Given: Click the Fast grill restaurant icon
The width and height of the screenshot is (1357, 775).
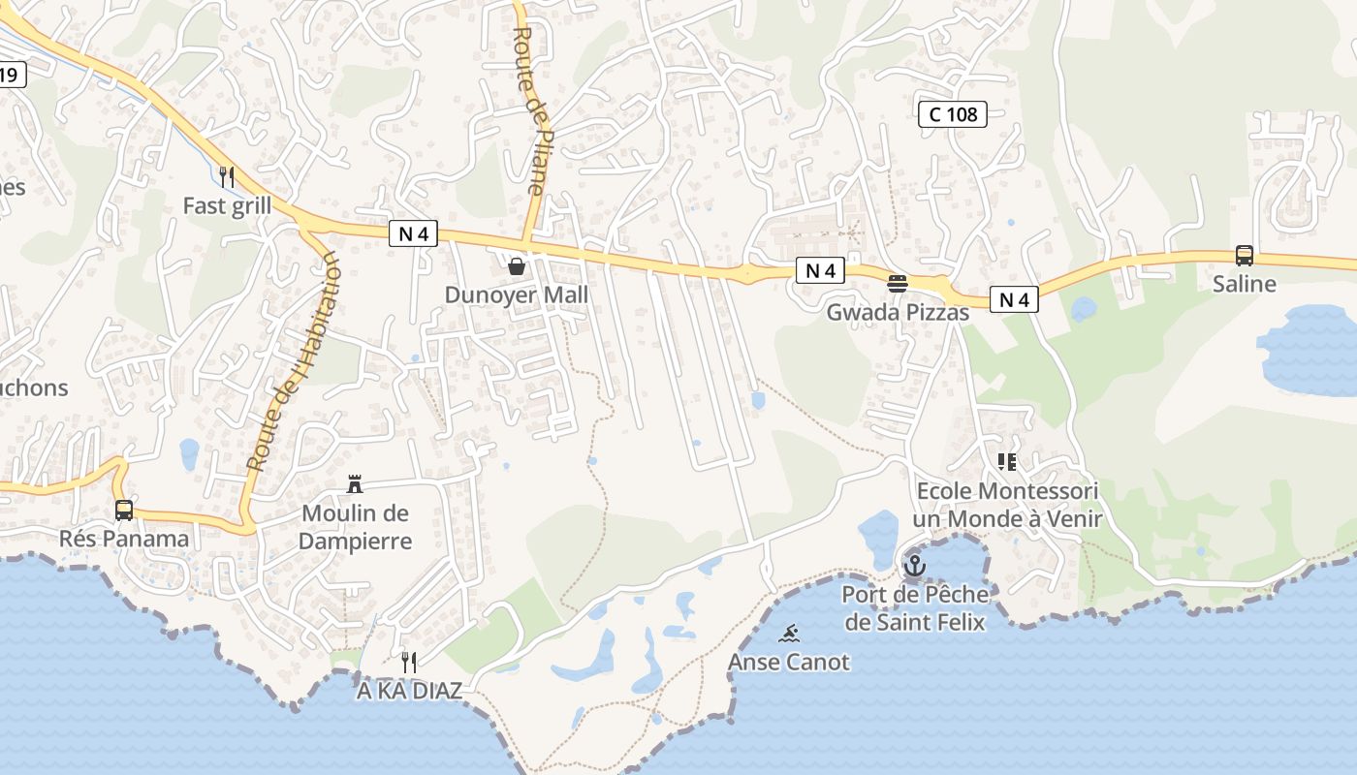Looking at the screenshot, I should coord(227,176).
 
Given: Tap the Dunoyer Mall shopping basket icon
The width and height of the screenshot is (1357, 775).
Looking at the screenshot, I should coord(517,265).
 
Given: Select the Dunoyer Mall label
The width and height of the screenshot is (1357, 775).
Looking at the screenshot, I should coord(517,294).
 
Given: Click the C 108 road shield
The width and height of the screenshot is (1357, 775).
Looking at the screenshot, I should coord(952,114).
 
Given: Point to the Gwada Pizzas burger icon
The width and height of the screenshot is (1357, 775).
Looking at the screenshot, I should coord(898,284).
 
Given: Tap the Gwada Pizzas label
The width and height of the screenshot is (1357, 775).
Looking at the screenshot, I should coord(898,312).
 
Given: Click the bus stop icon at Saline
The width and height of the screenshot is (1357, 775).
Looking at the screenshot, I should coord(1245,256).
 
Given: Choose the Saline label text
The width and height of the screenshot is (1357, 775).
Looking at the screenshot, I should coord(1245,284).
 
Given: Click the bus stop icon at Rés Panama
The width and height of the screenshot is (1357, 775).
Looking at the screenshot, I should coord(124,510).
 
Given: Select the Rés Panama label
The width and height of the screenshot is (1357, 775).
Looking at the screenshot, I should coord(124,539).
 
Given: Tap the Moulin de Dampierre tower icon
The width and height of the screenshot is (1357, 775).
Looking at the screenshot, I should coord(355,484).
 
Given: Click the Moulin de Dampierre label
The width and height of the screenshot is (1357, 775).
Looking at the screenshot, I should coord(355,527).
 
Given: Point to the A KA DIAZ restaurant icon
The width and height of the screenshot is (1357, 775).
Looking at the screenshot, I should coord(409,663).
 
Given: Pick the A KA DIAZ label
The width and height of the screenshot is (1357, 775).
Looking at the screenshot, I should coord(409,691).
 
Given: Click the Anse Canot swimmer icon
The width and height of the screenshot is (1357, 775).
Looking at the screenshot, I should coord(789,635).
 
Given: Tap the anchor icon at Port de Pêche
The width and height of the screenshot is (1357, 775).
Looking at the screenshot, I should coord(914,565).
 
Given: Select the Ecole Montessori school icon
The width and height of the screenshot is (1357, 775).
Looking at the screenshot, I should coord(1007,462).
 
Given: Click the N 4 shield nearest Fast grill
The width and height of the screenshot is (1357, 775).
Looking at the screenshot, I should coord(414,233).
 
